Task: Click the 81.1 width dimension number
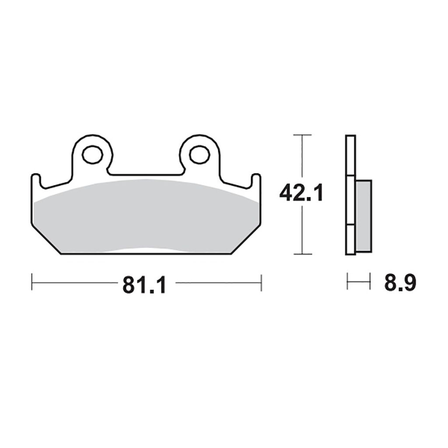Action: [144, 284]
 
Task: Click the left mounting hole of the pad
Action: [92, 154]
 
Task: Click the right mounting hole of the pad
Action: [199, 154]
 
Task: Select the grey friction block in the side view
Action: [364, 216]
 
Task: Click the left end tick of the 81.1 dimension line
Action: [32, 282]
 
